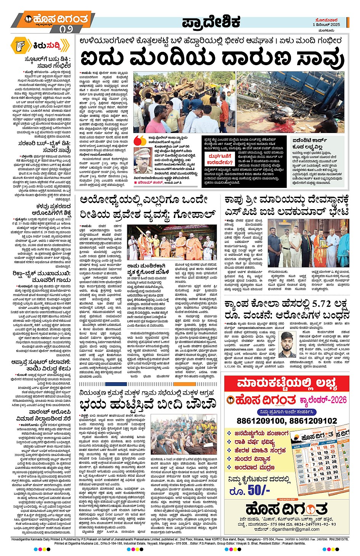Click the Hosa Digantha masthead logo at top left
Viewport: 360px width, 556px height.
point(56,19)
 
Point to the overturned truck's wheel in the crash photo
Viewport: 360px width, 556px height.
point(149,91)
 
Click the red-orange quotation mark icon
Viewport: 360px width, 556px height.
point(140,139)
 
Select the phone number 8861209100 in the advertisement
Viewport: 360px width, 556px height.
point(261,421)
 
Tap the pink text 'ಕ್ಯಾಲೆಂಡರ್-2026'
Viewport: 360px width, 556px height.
point(323,399)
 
